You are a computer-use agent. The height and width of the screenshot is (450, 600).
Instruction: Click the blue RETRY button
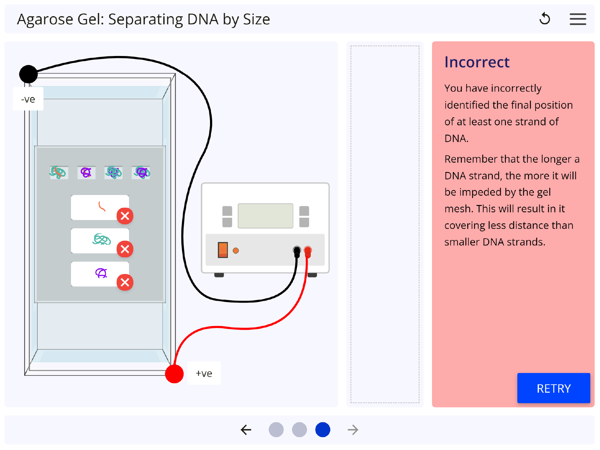(553, 388)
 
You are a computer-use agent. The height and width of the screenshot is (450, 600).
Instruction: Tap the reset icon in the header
(545, 19)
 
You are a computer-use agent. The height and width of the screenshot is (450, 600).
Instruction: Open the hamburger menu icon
(578, 19)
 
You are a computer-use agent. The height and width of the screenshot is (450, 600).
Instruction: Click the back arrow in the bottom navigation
(246, 430)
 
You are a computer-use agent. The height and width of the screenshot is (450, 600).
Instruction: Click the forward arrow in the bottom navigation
(353, 430)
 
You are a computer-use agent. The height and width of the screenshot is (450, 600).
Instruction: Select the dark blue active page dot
(323, 430)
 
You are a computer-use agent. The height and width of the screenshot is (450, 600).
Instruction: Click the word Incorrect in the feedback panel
(477, 62)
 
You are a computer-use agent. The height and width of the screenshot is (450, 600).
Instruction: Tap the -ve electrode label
(28, 99)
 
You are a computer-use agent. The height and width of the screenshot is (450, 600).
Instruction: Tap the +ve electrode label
(204, 373)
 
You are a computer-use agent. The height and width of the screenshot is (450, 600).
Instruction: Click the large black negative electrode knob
(28, 74)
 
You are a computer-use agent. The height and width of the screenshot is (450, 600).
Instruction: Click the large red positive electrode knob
(174, 374)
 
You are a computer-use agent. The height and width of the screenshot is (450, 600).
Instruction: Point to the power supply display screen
(265, 216)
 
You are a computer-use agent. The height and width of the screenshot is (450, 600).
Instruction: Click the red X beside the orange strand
(125, 216)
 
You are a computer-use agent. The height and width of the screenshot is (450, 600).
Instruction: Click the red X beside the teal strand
(125, 249)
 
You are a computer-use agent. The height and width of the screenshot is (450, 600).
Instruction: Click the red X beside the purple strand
(125, 282)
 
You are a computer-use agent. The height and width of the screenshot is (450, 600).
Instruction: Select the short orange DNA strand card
(97, 207)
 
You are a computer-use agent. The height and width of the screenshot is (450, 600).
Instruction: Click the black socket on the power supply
(297, 250)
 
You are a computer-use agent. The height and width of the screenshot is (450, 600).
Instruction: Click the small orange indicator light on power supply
(236, 251)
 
